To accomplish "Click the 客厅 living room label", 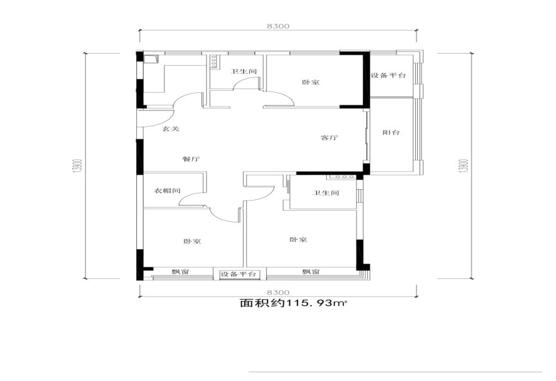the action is [329, 138].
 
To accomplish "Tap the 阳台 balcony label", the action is [391, 132].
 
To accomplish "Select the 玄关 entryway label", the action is [170, 129].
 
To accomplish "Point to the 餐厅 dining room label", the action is [191, 159].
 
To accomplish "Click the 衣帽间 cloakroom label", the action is [167, 190].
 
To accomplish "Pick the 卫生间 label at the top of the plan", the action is [243, 71].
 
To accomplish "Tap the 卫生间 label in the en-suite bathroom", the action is [326, 193].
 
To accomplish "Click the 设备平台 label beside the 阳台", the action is [388, 75].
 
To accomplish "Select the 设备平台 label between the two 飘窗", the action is [239, 274].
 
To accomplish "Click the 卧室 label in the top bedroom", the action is [311, 82].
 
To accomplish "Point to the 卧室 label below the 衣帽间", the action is [192, 242].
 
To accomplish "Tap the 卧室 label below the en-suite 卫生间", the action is [299, 240].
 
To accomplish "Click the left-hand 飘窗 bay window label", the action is [180, 272].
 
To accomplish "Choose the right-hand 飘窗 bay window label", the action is [311, 272].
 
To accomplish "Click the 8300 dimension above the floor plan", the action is [278, 26].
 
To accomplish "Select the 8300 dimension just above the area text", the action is [278, 293].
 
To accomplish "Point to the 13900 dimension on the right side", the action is [465, 165].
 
